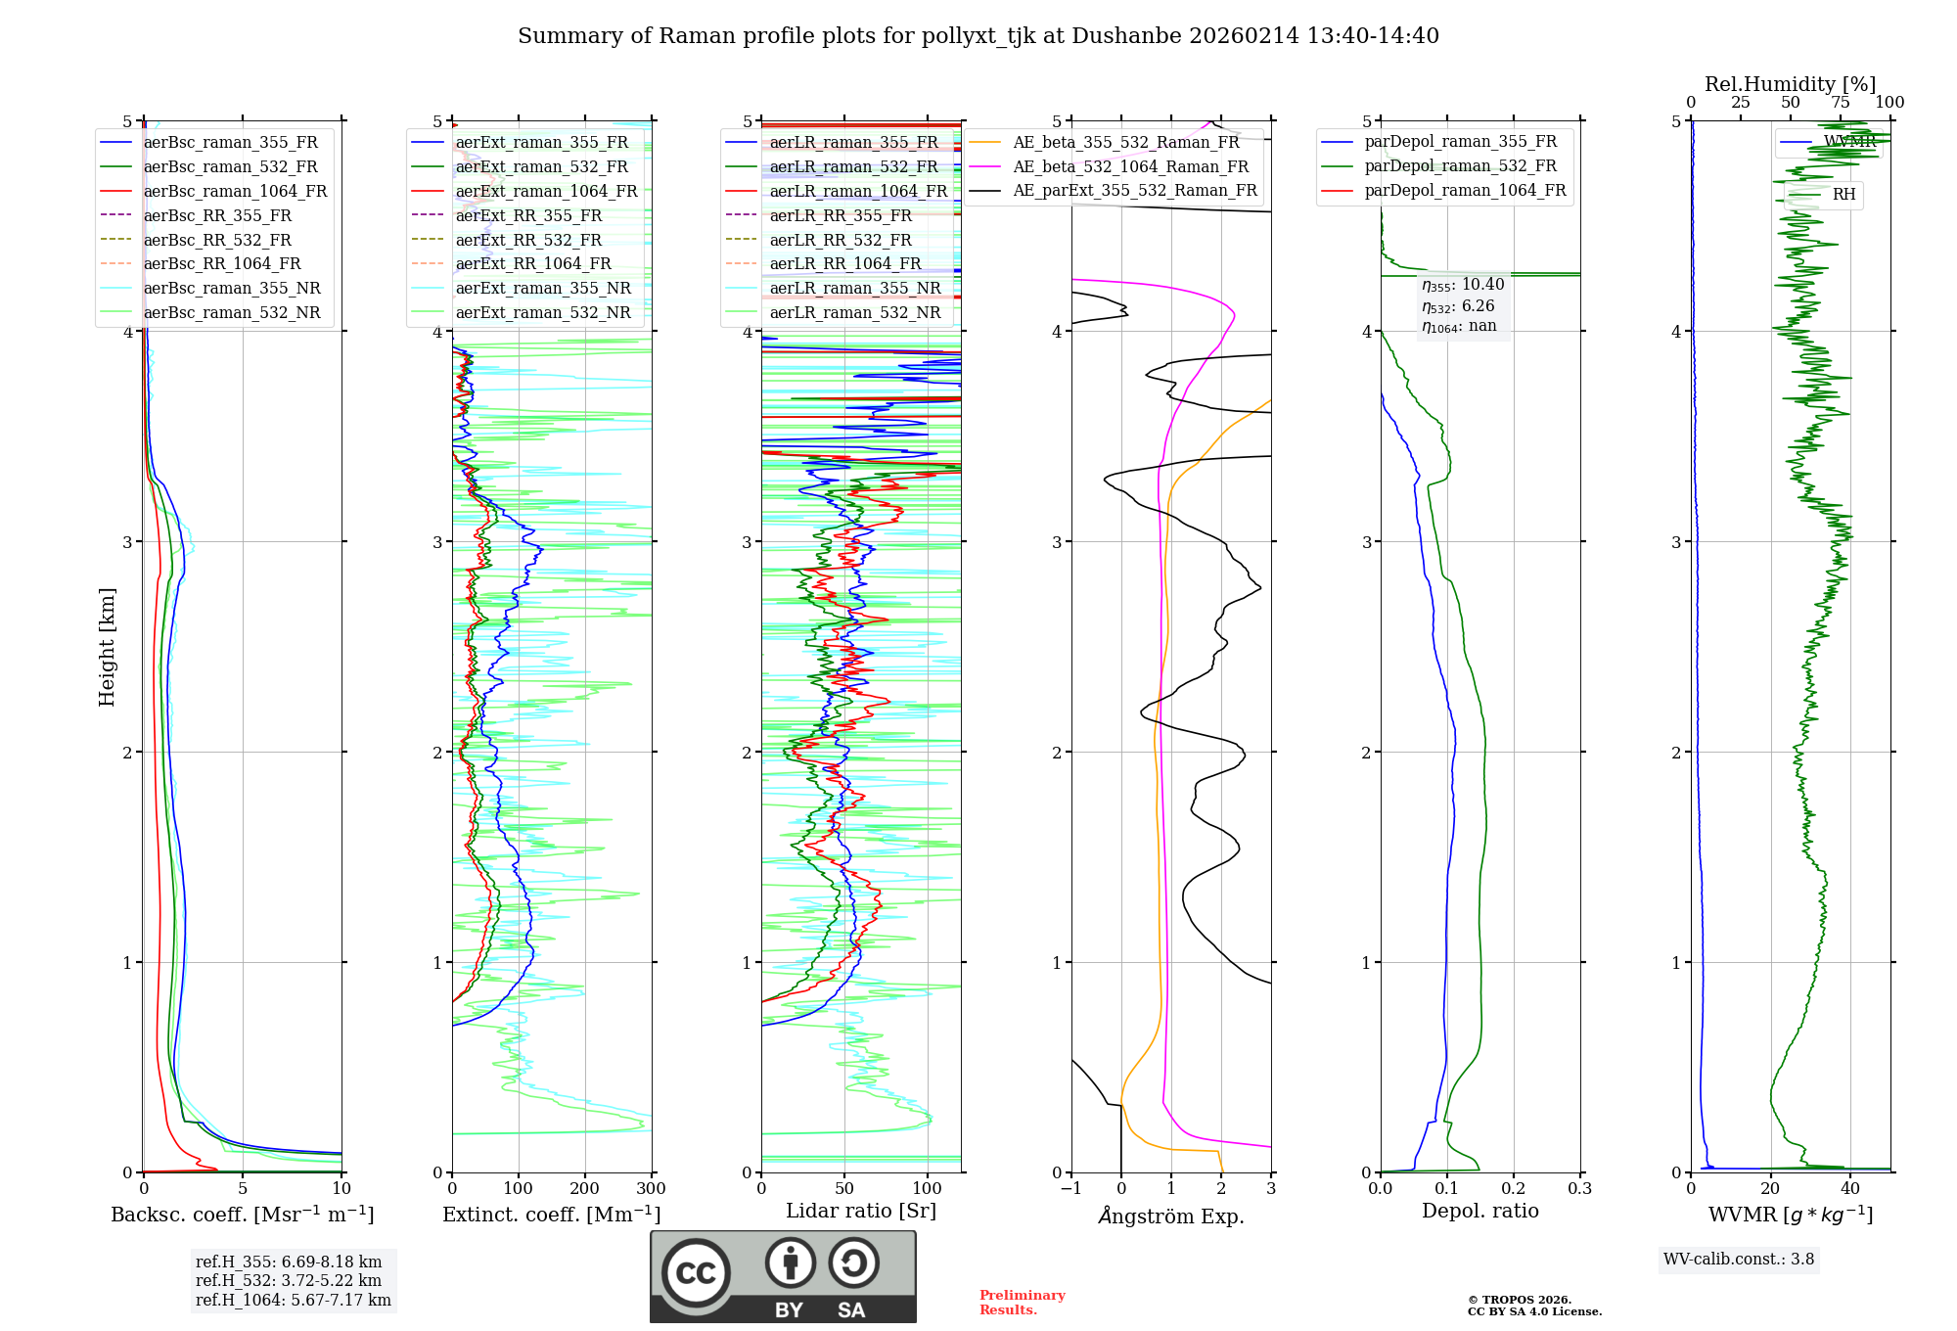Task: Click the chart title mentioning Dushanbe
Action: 978,36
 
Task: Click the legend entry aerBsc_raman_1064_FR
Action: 235,192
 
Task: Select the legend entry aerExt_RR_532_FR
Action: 528,240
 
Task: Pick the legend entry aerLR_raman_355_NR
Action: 854,289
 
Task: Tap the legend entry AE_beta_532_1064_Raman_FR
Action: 1130,167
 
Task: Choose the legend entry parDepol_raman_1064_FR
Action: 1465,191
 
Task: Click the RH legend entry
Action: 1843,195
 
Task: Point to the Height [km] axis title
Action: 107,647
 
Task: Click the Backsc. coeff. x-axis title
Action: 242,1215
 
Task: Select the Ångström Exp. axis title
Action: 1171,1216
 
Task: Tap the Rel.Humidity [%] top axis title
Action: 1790,84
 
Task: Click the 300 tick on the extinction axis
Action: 652,1189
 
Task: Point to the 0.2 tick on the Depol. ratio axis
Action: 1514,1189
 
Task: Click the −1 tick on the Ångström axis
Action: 1071,1189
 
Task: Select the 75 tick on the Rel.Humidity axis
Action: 1841,103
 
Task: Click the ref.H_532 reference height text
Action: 289,1281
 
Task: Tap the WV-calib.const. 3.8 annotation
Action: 1739,1260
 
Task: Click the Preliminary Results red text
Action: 1022,1303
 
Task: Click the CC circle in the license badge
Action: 696,1273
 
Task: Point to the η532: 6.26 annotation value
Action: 1458,306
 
